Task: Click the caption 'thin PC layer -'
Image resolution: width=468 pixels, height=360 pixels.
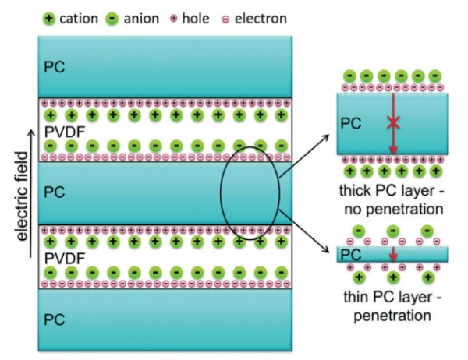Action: (391, 298)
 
